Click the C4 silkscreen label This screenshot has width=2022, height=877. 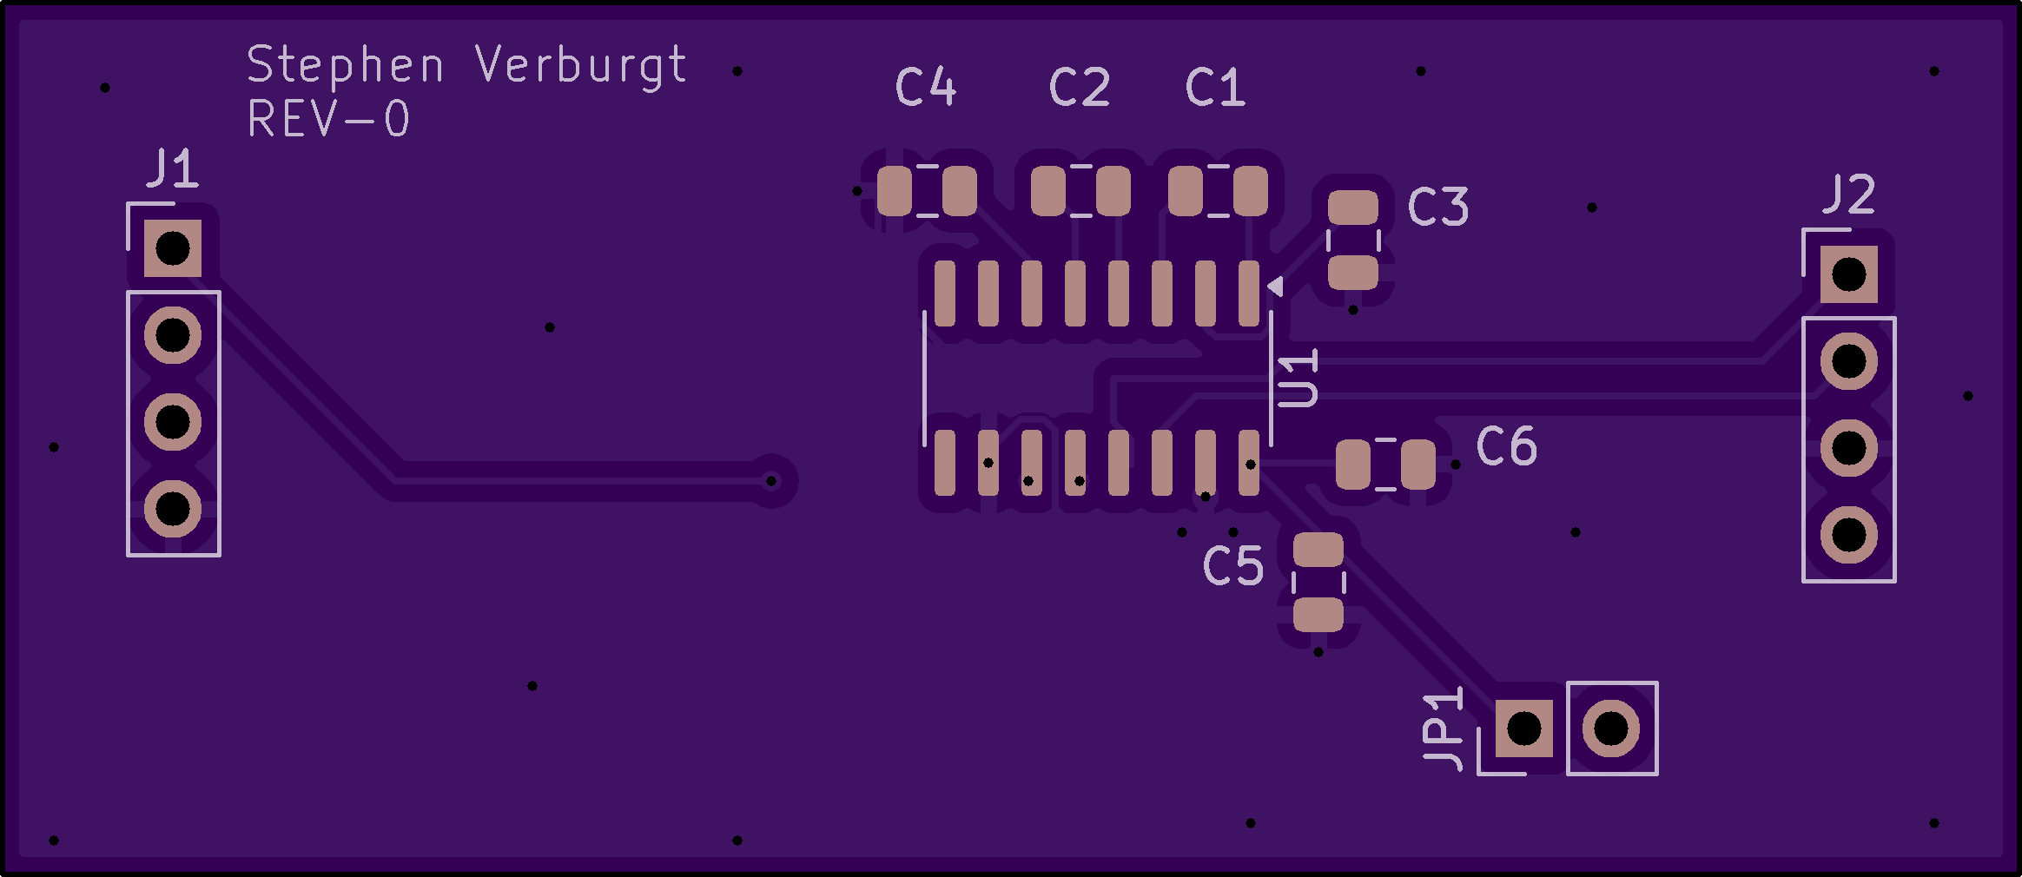point(926,87)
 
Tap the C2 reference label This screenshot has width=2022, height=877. point(1080,87)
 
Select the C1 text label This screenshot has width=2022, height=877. point(1215,87)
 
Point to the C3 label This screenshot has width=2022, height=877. point(1437,207)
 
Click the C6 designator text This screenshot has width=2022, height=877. point(1506,446)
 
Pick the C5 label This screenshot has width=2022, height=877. point(1232,566)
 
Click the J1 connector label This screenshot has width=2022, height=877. point(174,168)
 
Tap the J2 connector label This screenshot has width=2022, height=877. point(1849,195)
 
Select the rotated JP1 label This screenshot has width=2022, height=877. point(1443,729)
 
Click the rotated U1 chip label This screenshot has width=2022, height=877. point(1298,379)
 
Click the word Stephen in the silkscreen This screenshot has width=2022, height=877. point(346,66)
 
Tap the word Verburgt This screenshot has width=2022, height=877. point(581,66)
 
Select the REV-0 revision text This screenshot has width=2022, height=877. point(328,119)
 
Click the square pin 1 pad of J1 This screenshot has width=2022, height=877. point(173,249)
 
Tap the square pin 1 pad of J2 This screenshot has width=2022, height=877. point(1848,275)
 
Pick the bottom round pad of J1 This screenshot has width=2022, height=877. point(173,509)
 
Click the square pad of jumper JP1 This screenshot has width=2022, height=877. point(1524,729)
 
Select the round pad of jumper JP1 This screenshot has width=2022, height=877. point(1611,729)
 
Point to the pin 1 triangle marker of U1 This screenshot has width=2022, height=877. point(1275,286)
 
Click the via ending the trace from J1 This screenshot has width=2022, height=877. point(771,481)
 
